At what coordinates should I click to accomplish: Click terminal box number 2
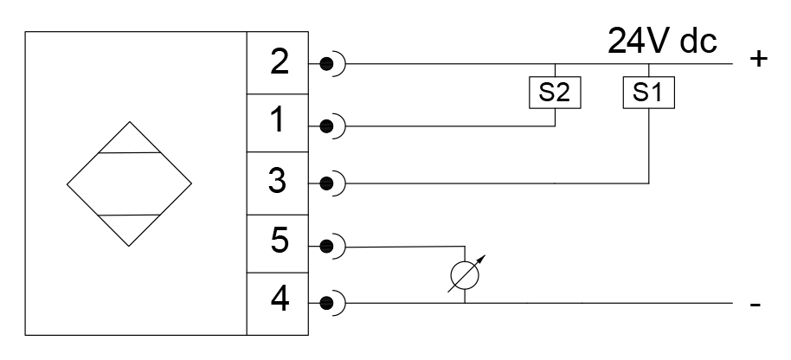279,63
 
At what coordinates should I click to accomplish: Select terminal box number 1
279,123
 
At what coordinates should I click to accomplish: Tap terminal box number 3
279,183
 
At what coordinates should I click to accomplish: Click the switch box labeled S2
554,93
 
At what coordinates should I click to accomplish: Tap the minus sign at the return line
756,305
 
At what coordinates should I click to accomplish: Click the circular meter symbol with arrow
465,275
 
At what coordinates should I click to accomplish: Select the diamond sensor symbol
130,183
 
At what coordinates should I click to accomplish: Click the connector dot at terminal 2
326,64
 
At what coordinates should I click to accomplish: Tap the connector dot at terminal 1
326,125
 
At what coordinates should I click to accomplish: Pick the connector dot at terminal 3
326,183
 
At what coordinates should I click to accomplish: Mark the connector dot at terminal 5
326,246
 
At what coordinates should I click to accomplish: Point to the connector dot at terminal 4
326,304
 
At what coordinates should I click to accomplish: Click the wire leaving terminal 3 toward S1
493,183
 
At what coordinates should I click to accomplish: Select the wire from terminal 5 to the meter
398,247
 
